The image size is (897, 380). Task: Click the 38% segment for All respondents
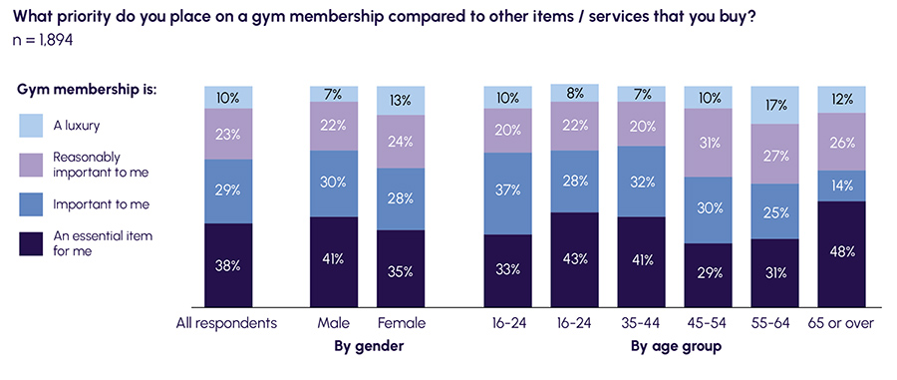[228, 264]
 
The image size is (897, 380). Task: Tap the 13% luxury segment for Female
[401, 99]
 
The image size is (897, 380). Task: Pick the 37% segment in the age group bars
[508, 193]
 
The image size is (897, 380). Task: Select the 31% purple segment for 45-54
[709, 143]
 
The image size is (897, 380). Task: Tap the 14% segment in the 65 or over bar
[843, 186]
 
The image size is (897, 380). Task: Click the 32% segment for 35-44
[642, 182]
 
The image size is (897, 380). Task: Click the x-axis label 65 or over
[843, 323]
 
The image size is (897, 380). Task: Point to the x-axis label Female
[401, 323]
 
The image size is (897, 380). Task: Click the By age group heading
[676, 347]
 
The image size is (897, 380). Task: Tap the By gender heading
[367, 347]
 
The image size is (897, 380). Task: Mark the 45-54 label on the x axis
[709, 323]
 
